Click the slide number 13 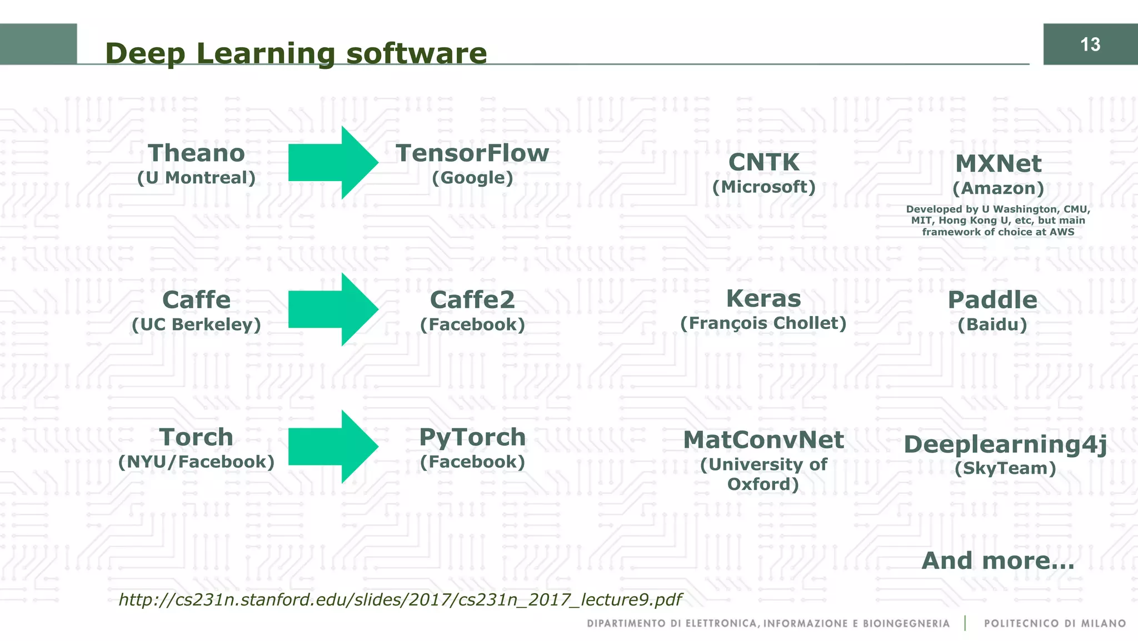[x=1090, y=44]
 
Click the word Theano [x=196, y=153]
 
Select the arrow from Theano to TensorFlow [x=332, y=163]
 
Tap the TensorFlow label [x=472, y=153]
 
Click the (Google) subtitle [x=472, y=178]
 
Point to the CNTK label [x=763, y=163]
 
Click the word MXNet [x=998, y=164]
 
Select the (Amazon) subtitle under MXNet [x=998, y=188]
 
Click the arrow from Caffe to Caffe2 [x=332, y=309]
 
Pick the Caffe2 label [x=472, y=300]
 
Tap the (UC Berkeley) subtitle [x=196, y=324]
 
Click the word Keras [x=763, y=299]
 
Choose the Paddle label [x=992, y=300]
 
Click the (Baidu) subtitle [x=992, y=324]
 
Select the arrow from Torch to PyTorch [x=332, y=447]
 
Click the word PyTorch [x=472, y=437]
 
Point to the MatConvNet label [x=763, y=440]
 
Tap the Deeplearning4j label [x=1005, y=444]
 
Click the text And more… [x=998, y=560]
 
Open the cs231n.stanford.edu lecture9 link [x=400, y=600]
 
